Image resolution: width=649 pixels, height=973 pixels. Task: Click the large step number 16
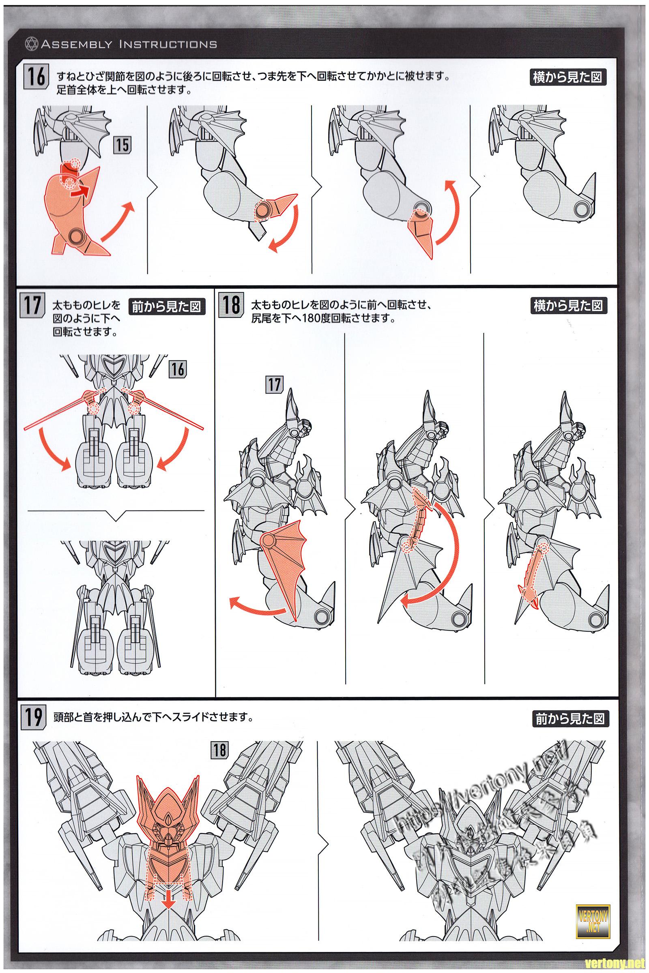37,77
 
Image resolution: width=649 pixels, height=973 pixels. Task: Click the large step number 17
32,305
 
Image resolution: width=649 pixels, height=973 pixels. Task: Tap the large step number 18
230,305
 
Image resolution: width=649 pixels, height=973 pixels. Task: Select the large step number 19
33,718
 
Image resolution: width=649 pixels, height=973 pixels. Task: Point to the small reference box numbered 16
177,369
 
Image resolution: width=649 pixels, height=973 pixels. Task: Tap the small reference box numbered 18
219,750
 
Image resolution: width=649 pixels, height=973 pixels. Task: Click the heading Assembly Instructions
129,44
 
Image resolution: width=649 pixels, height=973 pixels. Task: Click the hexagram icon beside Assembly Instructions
32,44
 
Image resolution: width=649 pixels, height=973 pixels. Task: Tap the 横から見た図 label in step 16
567,77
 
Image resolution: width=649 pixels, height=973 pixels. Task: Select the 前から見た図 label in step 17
167,306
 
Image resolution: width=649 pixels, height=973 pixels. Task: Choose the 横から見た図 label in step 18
567,306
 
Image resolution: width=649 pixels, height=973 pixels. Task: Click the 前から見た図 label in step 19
570,718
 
